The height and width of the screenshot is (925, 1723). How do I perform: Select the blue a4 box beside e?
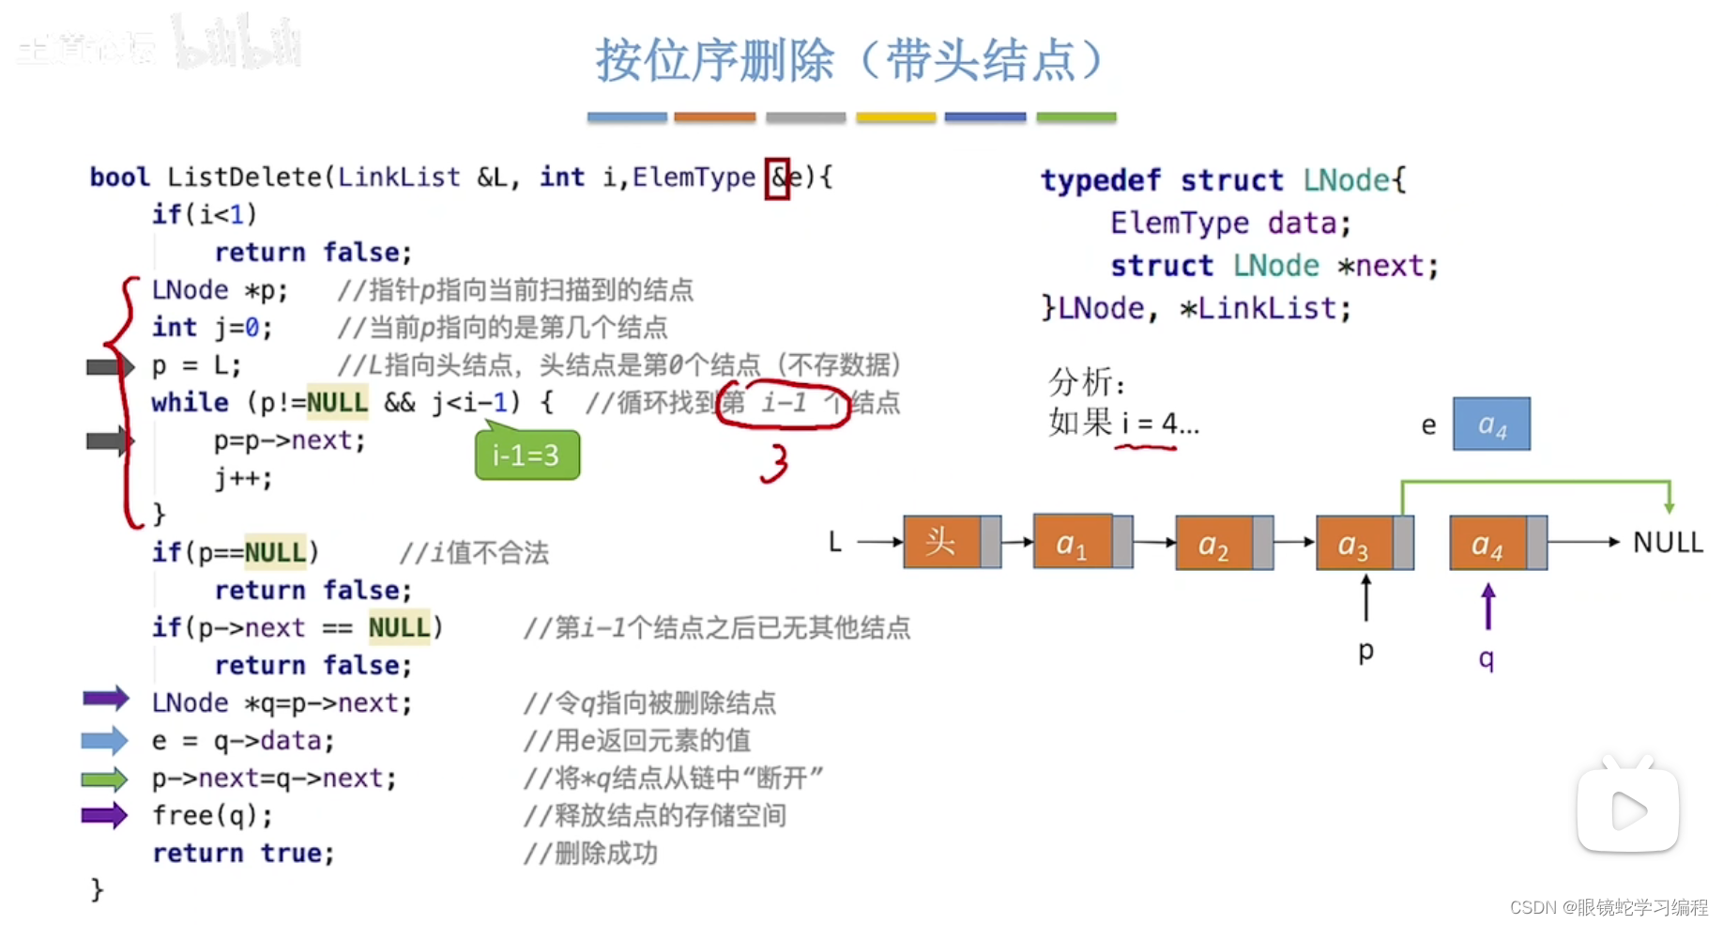tap(1491, 424)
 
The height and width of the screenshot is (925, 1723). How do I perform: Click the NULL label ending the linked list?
tap(1668, 542)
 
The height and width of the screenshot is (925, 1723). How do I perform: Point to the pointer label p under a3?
tap(1366, 650)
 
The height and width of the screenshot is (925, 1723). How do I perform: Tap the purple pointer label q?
tap(1487, 657)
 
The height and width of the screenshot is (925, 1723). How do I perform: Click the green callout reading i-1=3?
tap(526, 455)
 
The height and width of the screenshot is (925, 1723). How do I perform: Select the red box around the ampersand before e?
tap(777, 177)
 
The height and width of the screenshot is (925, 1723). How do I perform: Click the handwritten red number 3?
tap(774, 463)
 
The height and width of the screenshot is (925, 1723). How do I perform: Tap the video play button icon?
tap(1627, 810)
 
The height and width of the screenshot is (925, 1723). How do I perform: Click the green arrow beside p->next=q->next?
tap(104, 779)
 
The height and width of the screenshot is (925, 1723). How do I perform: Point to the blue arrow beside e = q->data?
tap(104, 741)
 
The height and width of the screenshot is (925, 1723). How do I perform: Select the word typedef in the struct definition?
tap(1100, 180)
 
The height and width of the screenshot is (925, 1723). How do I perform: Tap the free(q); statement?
tap(212, 815)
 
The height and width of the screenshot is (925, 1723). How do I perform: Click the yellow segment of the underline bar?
tap(895, 117)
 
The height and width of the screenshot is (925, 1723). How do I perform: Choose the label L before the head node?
tap(835, 542)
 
